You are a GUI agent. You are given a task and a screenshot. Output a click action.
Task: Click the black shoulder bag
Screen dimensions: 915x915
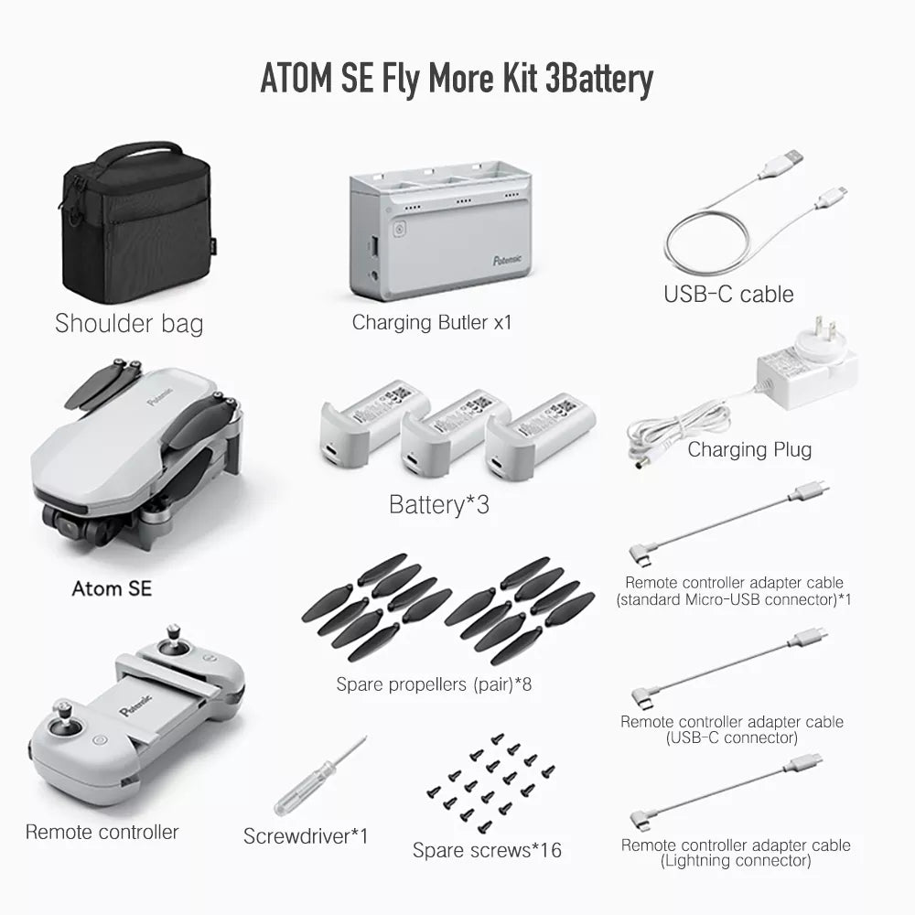[x=135, y=224]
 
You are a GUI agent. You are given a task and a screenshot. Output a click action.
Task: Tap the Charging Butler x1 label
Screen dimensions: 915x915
[x=432, y=322]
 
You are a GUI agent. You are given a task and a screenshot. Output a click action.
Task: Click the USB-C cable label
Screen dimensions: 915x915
[x=728, y=294]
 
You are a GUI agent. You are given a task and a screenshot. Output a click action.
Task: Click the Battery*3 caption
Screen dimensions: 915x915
[x=439, y=504]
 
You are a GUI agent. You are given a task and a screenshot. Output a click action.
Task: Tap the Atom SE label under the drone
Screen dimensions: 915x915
[x=112, y=588]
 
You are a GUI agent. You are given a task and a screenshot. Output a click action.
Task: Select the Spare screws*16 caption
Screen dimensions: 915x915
[x=487, y=850]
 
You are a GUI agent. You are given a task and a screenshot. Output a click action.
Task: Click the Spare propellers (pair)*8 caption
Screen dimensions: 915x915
[x=434, y=684]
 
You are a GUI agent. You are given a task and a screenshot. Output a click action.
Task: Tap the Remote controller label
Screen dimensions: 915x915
[x=102, y=832]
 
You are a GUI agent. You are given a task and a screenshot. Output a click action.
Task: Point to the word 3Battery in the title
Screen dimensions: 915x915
[x=598, y=79]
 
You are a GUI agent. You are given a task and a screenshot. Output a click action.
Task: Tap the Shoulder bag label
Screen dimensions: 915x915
[x=129, y=323]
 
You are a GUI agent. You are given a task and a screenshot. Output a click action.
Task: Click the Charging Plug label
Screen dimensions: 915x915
[x=749, y=449]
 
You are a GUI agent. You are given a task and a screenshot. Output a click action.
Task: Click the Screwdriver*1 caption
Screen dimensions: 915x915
[x=306, y=835]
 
